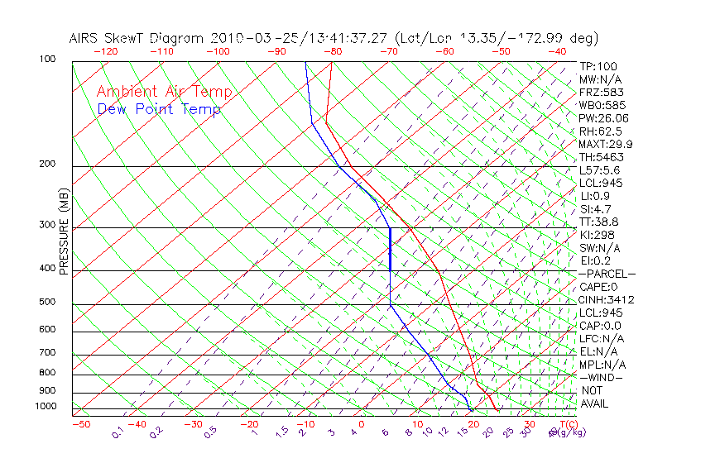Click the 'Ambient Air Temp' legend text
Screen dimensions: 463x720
tap(164, 93)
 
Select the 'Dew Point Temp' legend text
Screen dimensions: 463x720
tap(158, 109)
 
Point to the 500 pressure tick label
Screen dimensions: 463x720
tap(46, 303)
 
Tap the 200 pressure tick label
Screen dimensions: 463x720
tap(46, 165)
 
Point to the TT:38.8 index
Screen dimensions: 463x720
tap(600, 222)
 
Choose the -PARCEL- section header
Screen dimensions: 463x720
tap(607, 274)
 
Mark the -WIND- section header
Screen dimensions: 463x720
tap(601, 377)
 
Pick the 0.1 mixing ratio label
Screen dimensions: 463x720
tap(118, 432)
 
